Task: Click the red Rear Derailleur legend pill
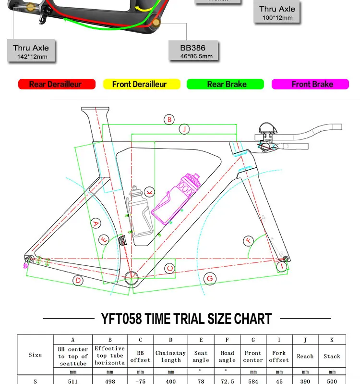[x=57, y=84]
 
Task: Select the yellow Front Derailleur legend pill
[x=141, y=84]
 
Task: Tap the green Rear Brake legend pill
[x=225, y=84]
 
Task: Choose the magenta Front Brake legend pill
[x=310, y=84]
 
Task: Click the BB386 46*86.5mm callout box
[x=193, y=51]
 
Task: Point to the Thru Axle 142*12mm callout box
[x=31, y=51]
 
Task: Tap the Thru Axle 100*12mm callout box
[x=277, y=13]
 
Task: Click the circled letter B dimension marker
[x=168, y=120]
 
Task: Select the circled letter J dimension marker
[x=184, y=129]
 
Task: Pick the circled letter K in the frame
[x=149, y=192]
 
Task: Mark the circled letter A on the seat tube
[x=96, y=223]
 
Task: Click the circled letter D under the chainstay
[x=78, y=281]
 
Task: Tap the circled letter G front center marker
[x=209, y=278]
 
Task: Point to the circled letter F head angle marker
[x=249, y=240]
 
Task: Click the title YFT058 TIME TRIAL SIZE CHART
[x=186, y=319]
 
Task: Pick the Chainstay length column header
[x=170, y=356]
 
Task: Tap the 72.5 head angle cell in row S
[x=227, y=381]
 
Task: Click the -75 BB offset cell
[x=140, y=381]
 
